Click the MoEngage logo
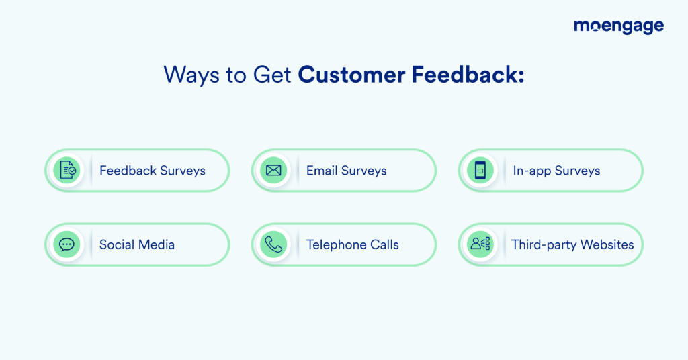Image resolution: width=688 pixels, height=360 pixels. pyautogui.click(x=618, y=27)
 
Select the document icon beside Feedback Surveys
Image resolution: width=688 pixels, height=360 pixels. pyautogui.click(x=67, y=170)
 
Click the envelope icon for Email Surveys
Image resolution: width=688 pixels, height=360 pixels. pyautogui.click(x=273, y=170)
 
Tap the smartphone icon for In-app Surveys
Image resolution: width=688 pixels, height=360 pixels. pyautogui.click(x=480, y=170)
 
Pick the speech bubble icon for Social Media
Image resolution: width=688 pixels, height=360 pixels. pyautogui.click(x=67, y=244)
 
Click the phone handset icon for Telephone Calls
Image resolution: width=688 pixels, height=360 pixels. pyautogui.click(x=273, y=244)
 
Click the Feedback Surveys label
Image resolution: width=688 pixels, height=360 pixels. pyautogui.click(x=153, y=171)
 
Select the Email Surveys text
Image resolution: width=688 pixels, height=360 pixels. pyautogui.click(x=347, y=171)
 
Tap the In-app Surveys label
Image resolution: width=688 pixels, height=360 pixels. pyautogui.click(x=556, y=171)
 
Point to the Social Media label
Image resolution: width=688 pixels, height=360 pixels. pyautogui.click(x=137, y=244)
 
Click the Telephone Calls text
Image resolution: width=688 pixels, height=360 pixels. pyautogui.click(x=353, y=244)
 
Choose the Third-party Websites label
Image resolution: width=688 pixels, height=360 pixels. pyautogui.click(x=572, y=244)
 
